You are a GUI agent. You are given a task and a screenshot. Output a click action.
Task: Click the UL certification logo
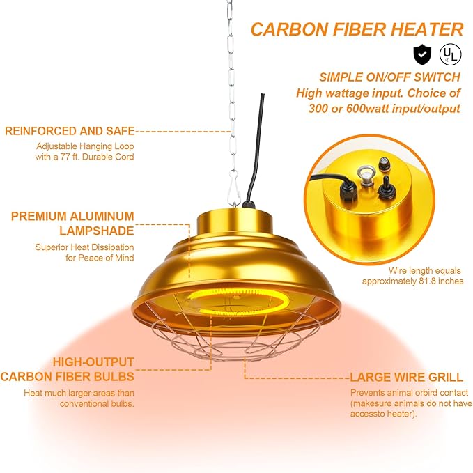449,54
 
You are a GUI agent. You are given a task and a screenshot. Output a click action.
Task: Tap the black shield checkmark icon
421,54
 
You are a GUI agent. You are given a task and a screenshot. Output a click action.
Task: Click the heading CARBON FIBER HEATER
357,29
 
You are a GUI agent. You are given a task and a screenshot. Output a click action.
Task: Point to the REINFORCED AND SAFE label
70,130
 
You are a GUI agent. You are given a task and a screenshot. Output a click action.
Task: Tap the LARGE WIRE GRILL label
406,378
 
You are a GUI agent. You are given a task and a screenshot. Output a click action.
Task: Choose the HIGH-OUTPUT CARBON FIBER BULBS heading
67,369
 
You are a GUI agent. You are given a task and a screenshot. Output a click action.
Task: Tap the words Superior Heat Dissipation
84,247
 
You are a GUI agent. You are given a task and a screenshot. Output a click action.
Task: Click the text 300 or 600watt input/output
385,108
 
